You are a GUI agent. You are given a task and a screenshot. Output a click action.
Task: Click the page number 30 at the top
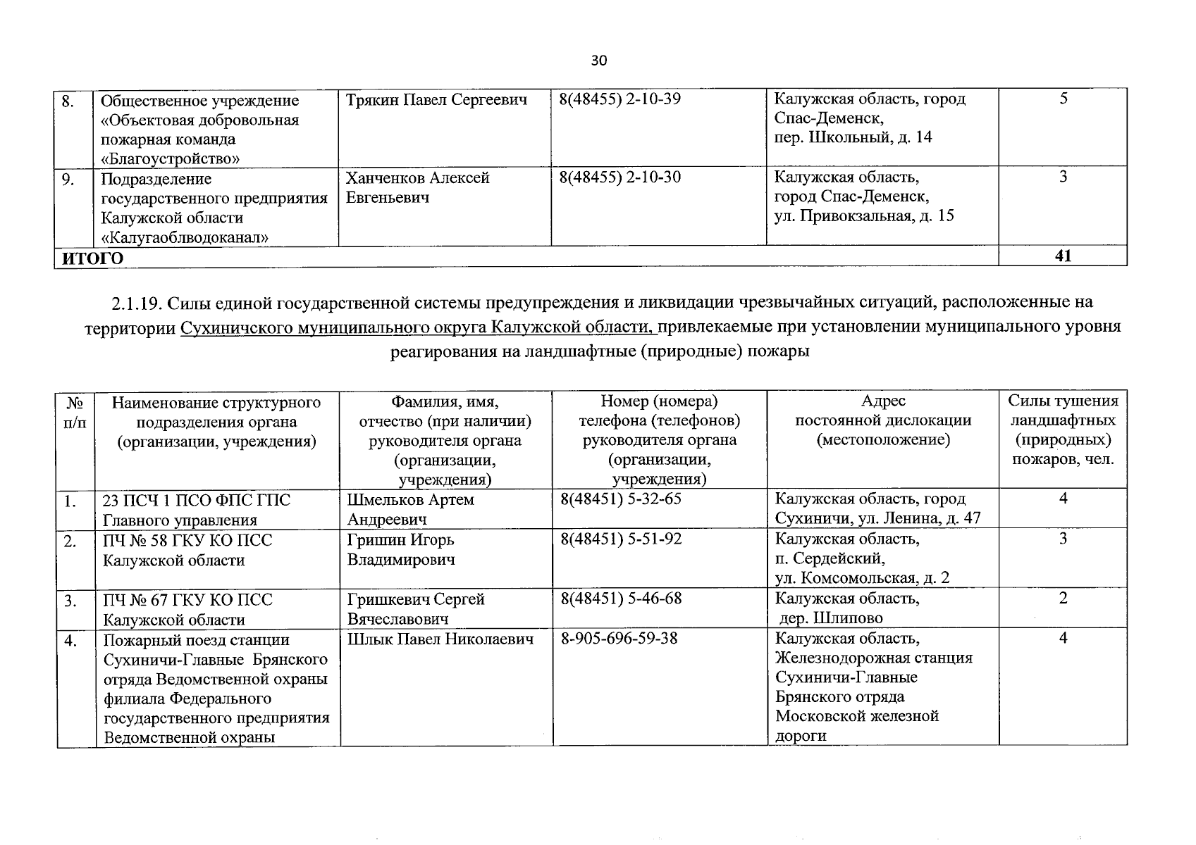coord(598,61)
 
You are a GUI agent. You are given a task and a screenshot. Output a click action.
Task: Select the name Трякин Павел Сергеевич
coord(437,100)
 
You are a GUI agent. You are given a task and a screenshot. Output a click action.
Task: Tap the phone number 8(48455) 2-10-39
coord(620,99)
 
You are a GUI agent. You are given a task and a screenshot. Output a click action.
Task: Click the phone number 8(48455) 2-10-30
coord(620,177)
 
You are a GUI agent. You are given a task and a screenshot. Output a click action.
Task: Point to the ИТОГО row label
coord(93,258)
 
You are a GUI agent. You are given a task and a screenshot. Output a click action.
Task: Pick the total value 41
coord(1063,256)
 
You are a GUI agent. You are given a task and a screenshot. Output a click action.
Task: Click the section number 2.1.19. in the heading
coord(137,303)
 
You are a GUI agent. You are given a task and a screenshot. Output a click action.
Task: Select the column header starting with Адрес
coord(883,420)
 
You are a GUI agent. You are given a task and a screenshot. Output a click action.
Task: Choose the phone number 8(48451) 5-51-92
coord(621,539)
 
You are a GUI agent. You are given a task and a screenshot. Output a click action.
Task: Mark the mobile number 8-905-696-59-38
coord(619,639)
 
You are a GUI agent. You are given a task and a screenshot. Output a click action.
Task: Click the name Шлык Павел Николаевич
coord(440,639)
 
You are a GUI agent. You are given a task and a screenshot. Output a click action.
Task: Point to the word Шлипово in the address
coord(848,618)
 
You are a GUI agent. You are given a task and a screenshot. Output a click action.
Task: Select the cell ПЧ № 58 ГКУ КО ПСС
coord(187,541)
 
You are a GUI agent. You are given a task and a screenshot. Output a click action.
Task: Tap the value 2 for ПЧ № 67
coord(1063,599)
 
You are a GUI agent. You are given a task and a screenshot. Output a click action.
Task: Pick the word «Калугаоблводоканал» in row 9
coord(185,238)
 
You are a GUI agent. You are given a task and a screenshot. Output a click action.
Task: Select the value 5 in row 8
coord(1063,99)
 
